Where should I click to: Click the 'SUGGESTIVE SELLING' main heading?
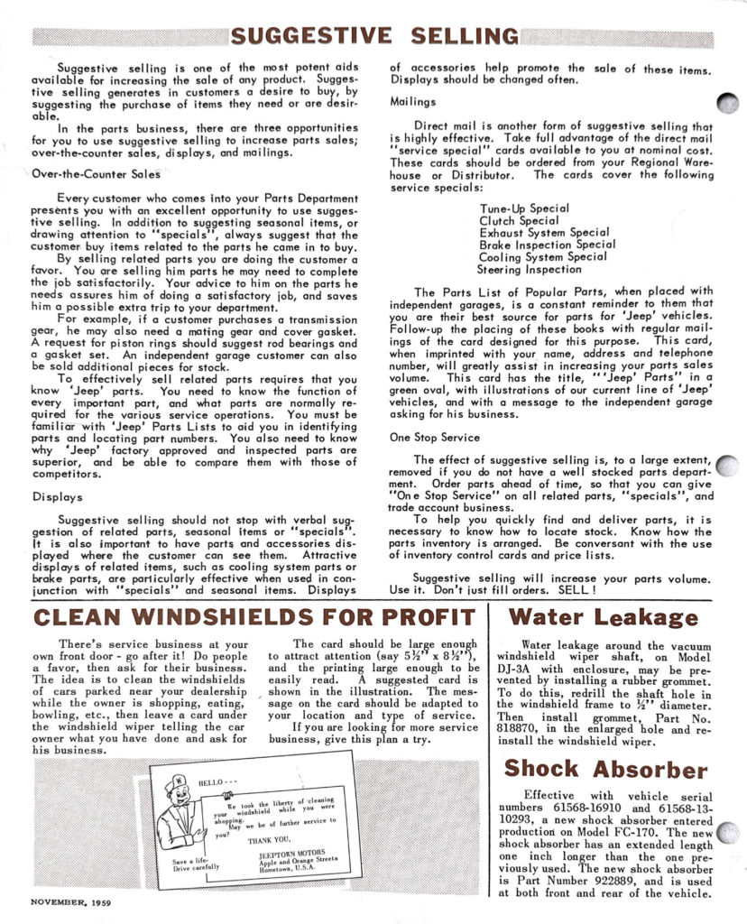click(374, 36)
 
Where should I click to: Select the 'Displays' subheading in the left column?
click(58, 495)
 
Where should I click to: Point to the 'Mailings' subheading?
click(412, 102)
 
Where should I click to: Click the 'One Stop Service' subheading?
click(435, 437)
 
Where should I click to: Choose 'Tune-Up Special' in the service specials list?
click(524, 208)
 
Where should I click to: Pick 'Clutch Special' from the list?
click(519, 220)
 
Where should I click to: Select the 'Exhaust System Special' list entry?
click(544, 233)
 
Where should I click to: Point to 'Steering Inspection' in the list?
click(530, 269)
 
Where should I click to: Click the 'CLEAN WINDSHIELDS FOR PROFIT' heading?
click(253, 618)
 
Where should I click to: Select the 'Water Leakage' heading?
click(603, 618)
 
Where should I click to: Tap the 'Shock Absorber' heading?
click(605, 770)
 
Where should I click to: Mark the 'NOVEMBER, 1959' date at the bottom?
click(71, 901)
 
